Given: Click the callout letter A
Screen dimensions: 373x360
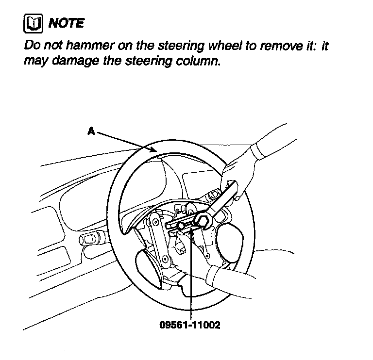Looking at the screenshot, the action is coord(90,130).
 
